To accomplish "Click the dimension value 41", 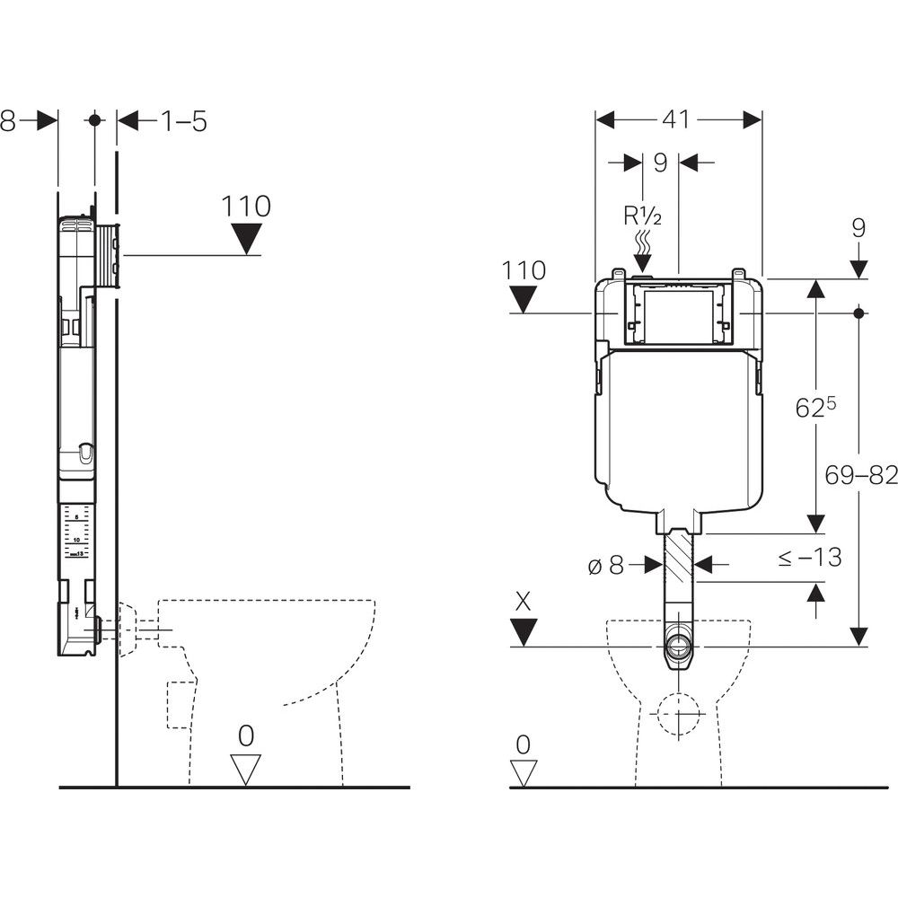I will pos(678,119).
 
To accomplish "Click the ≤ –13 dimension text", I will pos(809,557).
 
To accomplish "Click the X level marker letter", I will pos(524,602).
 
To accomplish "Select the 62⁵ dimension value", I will pos(815,407).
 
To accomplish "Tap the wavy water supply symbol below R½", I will pos(644,242).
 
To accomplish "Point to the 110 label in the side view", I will pos(245,207).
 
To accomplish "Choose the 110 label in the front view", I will pos(524,269).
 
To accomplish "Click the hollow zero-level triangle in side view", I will pos(245,770).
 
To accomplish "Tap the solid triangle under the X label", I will pos(524,633).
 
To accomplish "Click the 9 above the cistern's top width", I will pos(660,163).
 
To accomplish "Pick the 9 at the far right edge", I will pos(858,228).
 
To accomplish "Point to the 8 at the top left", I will pos(8,119).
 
